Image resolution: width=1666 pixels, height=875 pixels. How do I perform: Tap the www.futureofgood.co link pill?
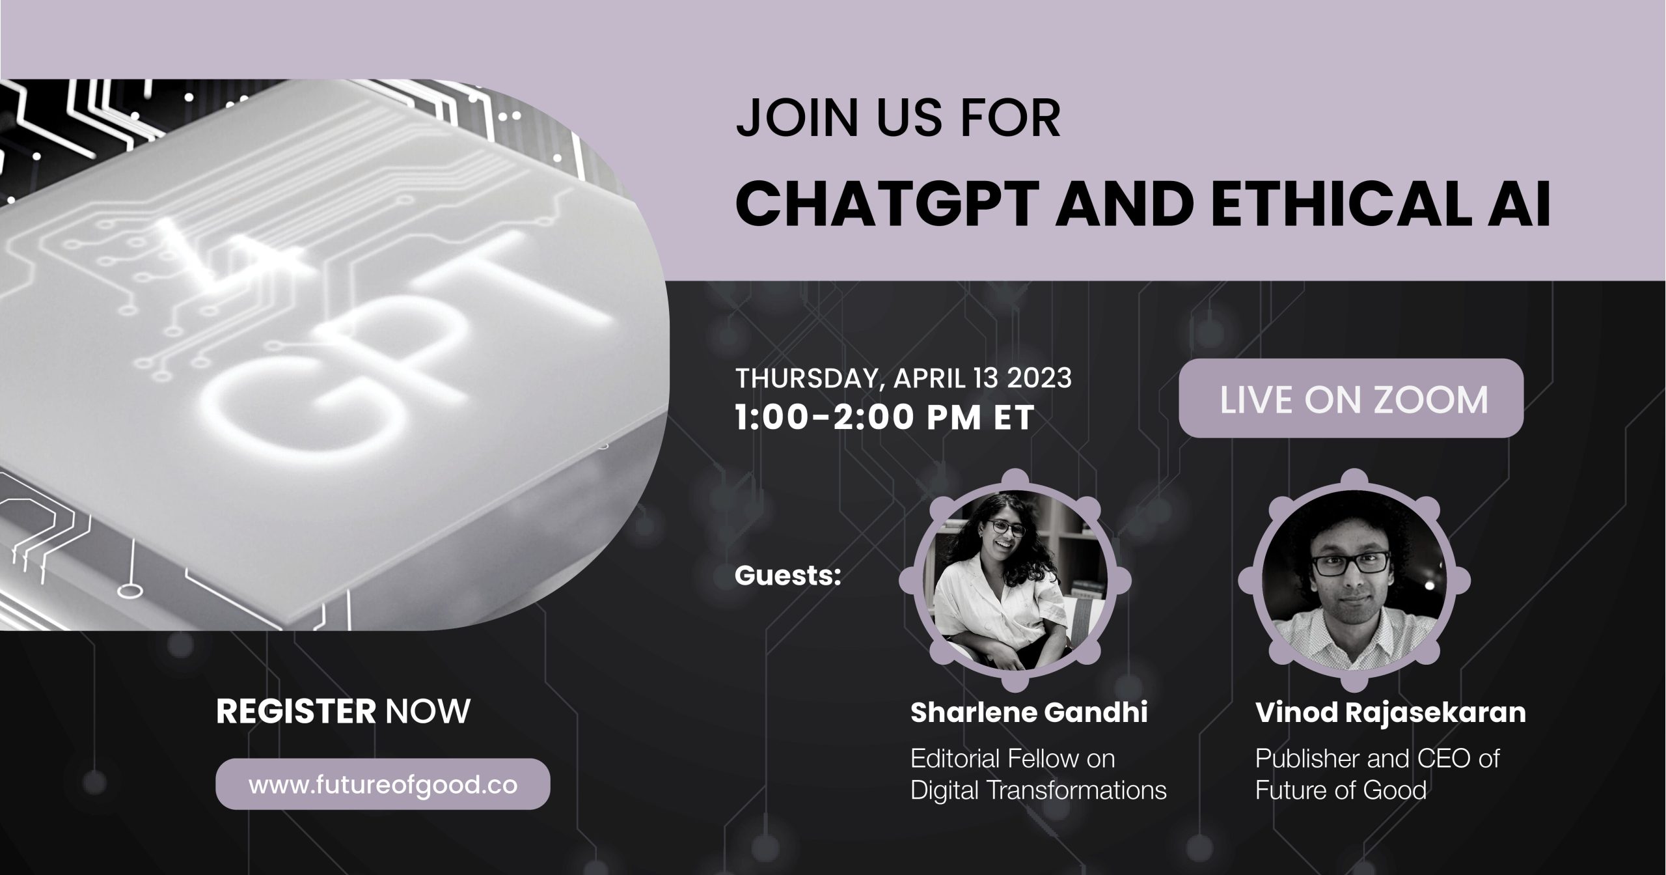point(383,785)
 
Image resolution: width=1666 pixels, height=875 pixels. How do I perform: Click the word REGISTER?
point(296,712)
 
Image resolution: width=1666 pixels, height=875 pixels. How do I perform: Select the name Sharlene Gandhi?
point(1029,713)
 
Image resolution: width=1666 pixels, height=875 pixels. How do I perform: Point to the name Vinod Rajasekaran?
point(1391,713)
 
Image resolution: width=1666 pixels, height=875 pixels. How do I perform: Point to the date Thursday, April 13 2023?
point(903,378)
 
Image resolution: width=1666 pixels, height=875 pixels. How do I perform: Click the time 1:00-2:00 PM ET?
point(884,417)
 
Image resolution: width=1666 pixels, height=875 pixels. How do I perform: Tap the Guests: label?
point(787,576)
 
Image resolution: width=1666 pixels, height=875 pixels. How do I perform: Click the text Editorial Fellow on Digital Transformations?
point(1039,775)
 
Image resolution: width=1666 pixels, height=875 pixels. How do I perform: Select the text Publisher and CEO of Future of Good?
point(1377,775)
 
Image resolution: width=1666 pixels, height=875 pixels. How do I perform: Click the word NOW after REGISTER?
point(428,712)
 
